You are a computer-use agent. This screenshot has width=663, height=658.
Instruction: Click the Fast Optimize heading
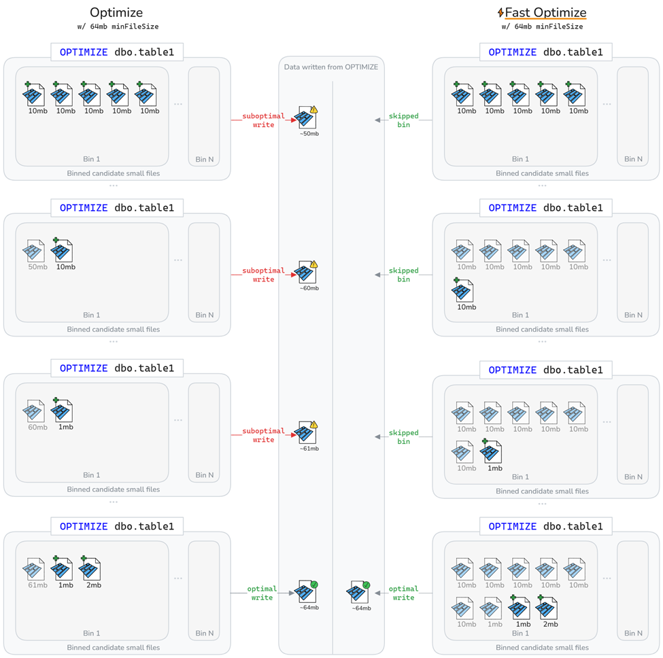545,13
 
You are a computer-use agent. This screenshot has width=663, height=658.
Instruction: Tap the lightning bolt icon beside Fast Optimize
501,13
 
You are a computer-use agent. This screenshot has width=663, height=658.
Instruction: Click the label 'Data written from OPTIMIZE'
331,67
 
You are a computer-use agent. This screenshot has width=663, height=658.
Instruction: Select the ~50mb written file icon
307,118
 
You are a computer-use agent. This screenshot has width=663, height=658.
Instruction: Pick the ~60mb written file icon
307,273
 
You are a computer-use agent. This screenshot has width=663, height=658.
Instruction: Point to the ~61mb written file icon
307,433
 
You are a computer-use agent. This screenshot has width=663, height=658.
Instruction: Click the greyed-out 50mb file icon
35,251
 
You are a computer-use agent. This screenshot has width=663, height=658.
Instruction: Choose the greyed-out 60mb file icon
35,411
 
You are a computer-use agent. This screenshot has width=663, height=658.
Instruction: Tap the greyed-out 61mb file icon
35,569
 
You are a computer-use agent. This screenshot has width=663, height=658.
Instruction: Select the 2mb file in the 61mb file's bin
91,569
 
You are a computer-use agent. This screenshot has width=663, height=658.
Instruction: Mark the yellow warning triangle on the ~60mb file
313,264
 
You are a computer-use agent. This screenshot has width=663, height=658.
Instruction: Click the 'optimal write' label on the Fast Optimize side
403,593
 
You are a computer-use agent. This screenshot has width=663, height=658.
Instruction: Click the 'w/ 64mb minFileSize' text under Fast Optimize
542,27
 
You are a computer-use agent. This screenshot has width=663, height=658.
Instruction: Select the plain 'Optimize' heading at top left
116,13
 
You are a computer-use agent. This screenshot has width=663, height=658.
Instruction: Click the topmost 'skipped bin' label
403,120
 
